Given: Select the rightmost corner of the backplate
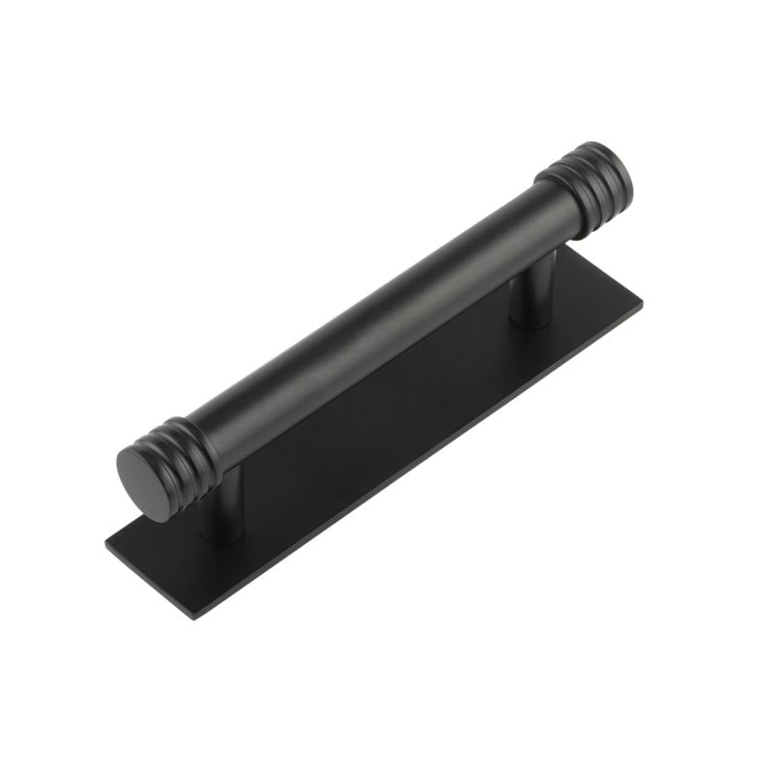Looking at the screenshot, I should click(642, 301).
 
